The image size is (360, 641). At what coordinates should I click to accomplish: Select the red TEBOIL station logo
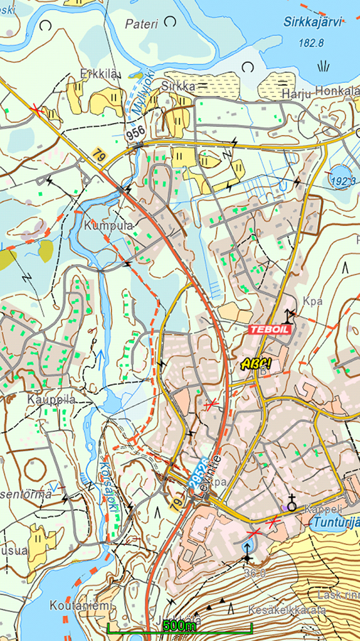pyautogui.click(x=270, y=328)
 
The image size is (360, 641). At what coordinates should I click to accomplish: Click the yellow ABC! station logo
pyautogui.click(x=256, y=363)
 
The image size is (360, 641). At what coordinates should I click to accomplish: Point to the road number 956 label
pyautogui.click(x=135, y=133)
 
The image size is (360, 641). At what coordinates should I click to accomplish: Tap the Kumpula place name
pyautogui.click(x=108, y=226)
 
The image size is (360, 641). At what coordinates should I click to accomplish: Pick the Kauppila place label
pyautogui.click(x=51, y=399)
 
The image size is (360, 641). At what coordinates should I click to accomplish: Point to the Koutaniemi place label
pyautogui.click(x=82, y=605)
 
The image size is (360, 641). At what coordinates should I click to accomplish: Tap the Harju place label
pyautogui.click(x=295, y=95)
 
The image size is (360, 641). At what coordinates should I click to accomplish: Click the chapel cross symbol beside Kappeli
pyautogui.click(x=292, y=504)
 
